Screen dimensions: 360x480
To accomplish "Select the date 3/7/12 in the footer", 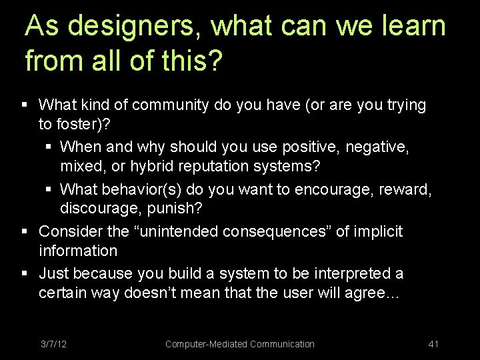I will click(53, 344).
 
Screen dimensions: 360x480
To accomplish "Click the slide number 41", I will click(433, 344).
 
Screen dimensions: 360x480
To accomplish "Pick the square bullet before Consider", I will click(25, 231).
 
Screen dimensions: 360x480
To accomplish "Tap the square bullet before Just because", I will click(25, 274).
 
